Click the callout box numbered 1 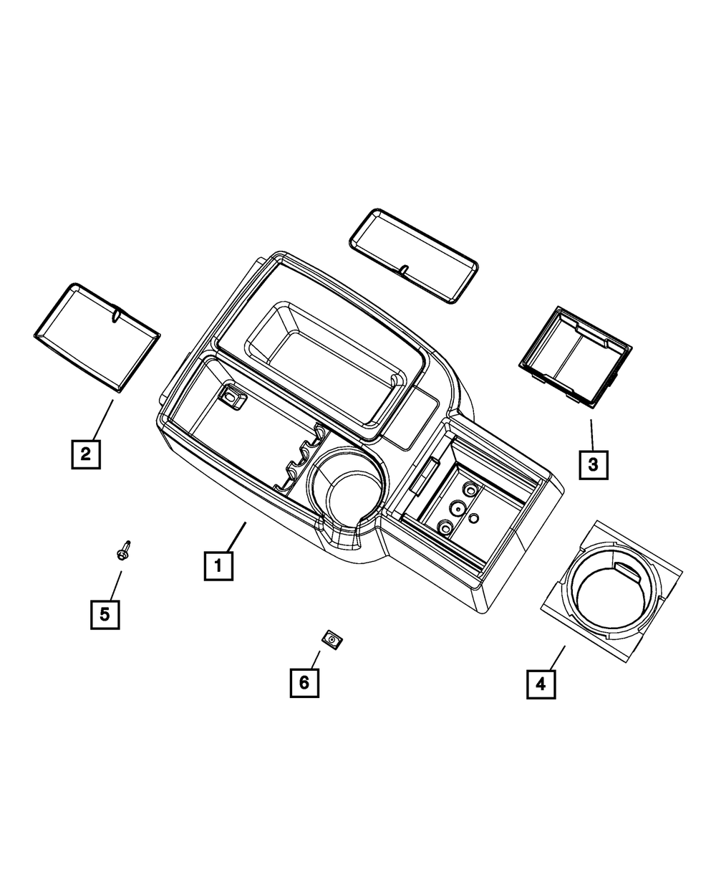218,566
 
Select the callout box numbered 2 86,454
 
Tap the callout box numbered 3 593,464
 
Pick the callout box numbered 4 541,684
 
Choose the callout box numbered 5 105,614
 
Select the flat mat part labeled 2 97,338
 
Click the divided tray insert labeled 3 575,355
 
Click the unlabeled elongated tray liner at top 413,256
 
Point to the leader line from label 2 104,419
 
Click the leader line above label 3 591,434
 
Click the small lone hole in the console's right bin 473,518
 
